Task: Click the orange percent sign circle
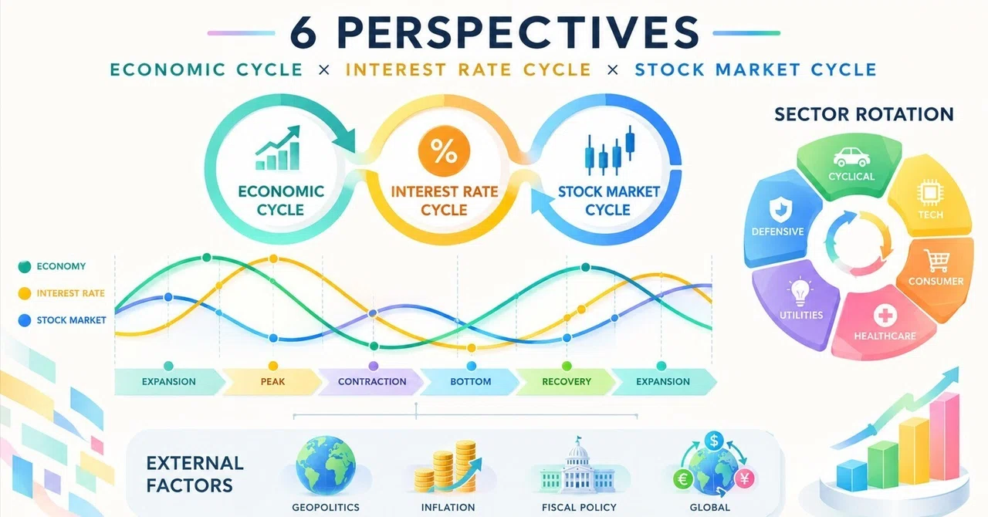click(x=444, y=151)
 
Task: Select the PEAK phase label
click(x=272, y=381)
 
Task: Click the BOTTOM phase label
click(x=471, y=381)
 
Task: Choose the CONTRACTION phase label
click(x=372, y=381)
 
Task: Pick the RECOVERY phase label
click(x=567, y=381)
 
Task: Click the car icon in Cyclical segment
click(x=851, y=157)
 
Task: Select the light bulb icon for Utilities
click(x=800, y=292)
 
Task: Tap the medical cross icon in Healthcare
click(x=885, y=316)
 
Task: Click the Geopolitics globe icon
click(x=326, y=466)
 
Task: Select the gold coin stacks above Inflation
click(x=447, y=467)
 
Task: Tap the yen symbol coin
click(x=745, y=478)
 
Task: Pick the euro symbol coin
click(x=683, y=479)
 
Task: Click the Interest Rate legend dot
click(x=25, y=293)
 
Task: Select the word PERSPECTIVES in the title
click(x=518, y=33)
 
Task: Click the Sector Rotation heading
click(x=864, y=114)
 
